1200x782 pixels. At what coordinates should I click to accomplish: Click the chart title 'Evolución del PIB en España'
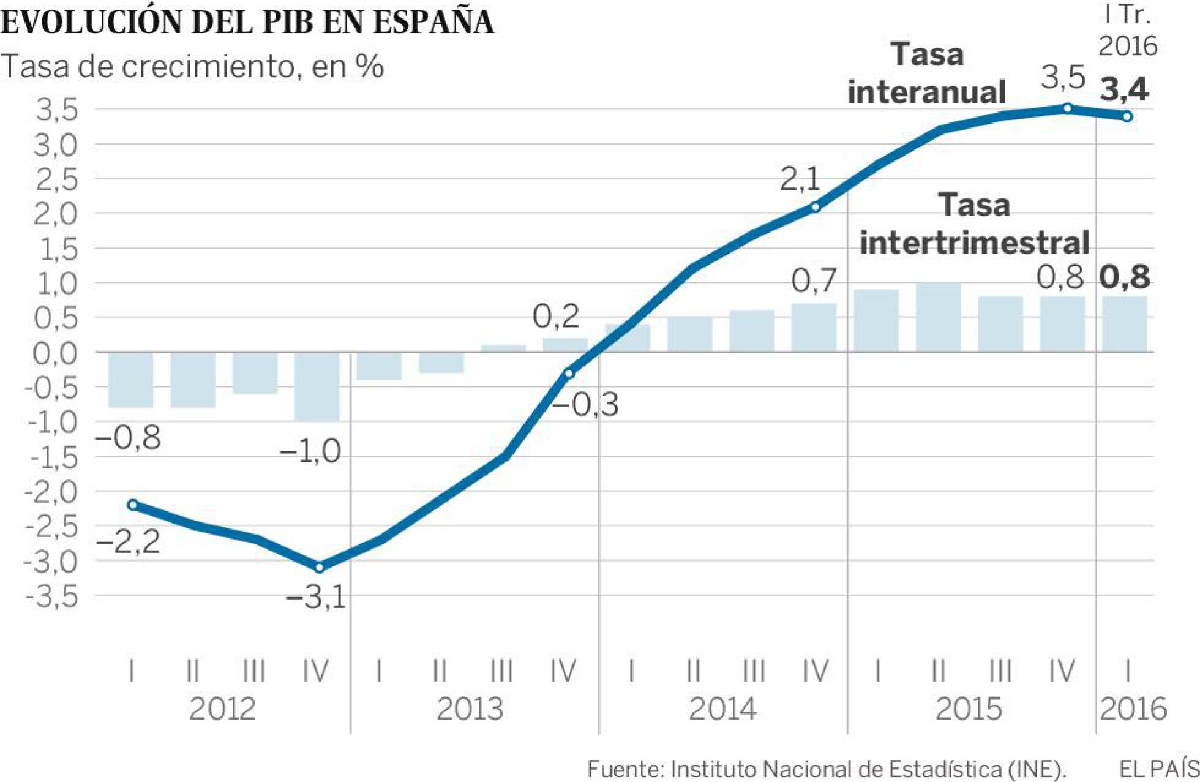tap(247, 22)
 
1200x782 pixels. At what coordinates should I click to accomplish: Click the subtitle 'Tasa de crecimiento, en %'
tap(192, 66)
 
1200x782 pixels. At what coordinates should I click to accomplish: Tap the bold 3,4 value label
tap(1124, 89)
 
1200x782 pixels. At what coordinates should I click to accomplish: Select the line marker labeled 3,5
tap(1067, 108)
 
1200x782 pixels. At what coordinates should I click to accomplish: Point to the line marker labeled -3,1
tap(319, 568)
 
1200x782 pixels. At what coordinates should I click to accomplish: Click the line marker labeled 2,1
tap(816, 208)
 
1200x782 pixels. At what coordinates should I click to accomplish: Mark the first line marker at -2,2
tap(133, 505)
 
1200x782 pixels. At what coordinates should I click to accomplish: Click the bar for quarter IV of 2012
tap(317, 386)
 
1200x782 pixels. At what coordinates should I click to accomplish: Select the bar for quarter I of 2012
tap(130, 380)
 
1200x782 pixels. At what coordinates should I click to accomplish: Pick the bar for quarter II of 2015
tap(938, 317)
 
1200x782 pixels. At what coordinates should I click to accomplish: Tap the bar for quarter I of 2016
tap(1125, 324)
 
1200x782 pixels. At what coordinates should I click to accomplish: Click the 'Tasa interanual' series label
tap(926, 73)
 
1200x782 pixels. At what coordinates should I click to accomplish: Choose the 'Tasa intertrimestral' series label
tap(974, 224)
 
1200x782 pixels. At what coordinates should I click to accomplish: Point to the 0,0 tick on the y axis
tap(55, 353)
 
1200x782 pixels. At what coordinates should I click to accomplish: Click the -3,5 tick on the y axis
tap(52, 596)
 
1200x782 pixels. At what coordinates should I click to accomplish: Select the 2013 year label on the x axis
tap(470, 709)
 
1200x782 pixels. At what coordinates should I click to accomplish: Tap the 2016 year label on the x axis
tap(1133, 709)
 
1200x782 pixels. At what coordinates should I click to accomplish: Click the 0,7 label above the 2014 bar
tap(814, 281)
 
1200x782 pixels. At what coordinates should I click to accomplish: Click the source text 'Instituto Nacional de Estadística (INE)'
tap(868, 769)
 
